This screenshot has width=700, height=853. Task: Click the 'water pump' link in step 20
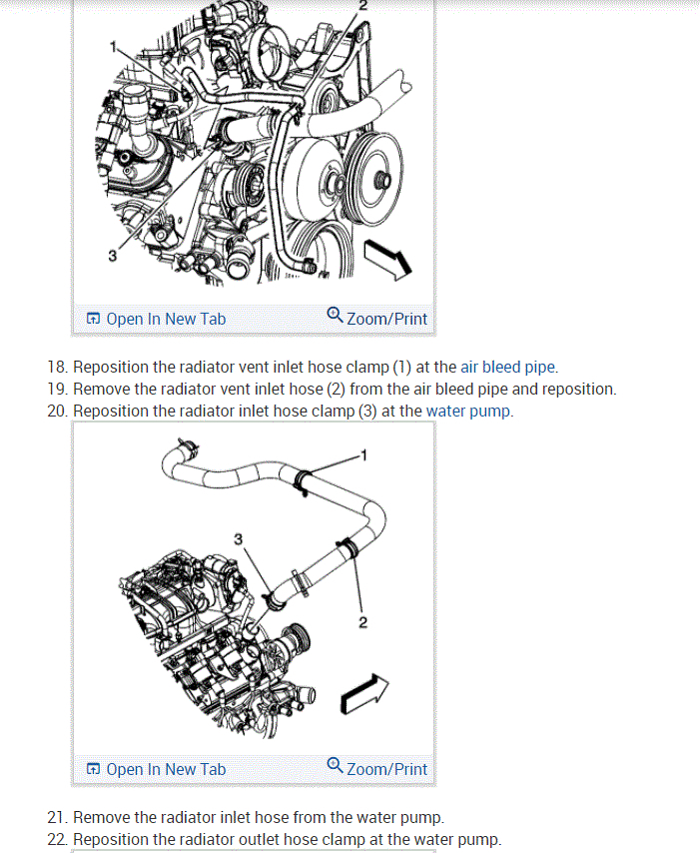[468, 411]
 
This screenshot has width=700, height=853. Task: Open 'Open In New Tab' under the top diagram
[165, 319]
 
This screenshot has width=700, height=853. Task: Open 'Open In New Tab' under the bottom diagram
[165, 769]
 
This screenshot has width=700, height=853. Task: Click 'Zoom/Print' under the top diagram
[386, 319]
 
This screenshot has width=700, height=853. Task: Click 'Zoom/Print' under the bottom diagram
[386, 769]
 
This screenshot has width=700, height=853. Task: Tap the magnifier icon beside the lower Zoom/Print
[335, 767]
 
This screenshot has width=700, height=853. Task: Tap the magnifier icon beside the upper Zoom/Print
[335, 317]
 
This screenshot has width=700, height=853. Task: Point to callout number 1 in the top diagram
[114, 45]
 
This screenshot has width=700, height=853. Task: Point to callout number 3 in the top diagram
[112, 256]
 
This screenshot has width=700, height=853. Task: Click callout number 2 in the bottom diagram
[362, 623]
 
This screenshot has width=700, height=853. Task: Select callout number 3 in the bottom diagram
[238, 539]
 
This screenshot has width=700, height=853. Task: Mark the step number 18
[56, 367]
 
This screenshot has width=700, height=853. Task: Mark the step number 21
[56, 817]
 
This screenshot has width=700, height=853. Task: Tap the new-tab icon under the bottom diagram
[93, 769]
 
